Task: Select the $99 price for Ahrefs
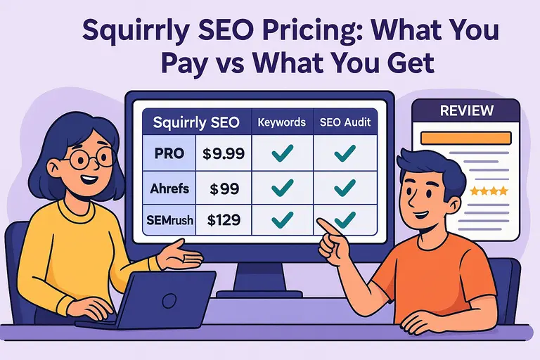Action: coord(225,188)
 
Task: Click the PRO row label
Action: coord(169,154)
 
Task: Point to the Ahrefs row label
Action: coord(170,188)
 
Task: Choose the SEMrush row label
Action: coord(170,219)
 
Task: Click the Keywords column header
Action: coord(282,122)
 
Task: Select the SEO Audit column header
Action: coord(345,122)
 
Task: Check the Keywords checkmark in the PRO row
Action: coord(282,154)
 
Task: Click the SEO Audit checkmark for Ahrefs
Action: coord(345,187)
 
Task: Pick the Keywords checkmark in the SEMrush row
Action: coord(282,219)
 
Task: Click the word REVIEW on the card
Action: coord(466,111)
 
